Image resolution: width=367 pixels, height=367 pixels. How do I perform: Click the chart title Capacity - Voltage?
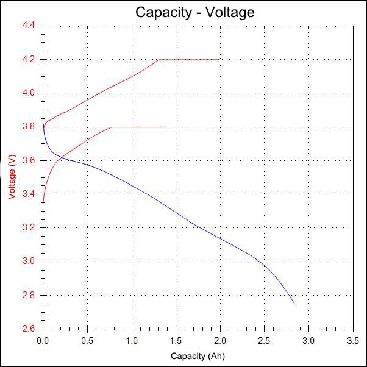tap(194, 12)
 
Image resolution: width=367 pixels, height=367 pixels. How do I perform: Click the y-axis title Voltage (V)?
tap(12, 177)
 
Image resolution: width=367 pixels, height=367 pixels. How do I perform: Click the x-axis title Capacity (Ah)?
tap(198, 356)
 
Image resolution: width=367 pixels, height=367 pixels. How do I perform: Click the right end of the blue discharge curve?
tap(294, 304)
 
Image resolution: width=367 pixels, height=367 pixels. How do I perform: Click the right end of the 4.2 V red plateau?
tap(218, 60)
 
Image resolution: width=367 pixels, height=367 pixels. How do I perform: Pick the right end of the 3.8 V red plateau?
tap(166, 127)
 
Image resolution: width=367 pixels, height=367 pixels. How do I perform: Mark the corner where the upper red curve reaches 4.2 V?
tap(158, 60)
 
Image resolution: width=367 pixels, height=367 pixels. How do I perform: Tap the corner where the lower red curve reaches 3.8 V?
tap(112, 127)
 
